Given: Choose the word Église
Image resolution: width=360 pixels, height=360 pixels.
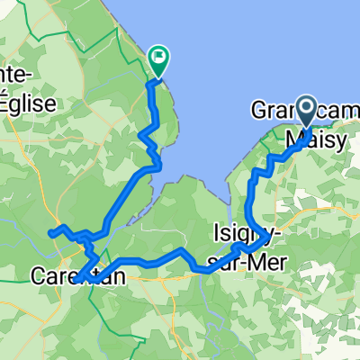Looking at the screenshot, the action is (28, 102).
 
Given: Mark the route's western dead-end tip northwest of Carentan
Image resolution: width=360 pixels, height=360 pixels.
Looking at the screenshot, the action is (50, 234).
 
